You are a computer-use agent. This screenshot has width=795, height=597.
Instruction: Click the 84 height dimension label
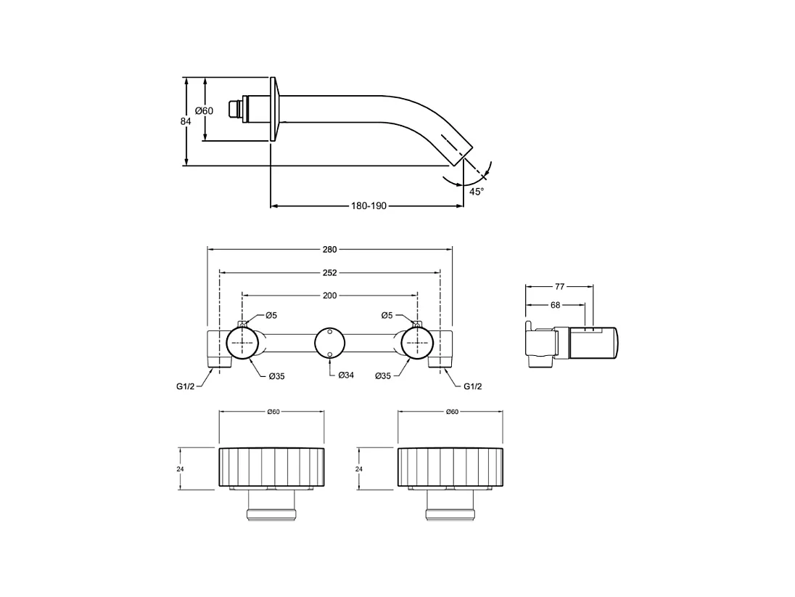[186, 121]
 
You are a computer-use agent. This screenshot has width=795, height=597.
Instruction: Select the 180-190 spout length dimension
[368, 206]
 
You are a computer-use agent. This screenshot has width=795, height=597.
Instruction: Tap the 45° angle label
[476, 192]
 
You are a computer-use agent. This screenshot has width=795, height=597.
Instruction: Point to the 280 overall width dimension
[329, 249]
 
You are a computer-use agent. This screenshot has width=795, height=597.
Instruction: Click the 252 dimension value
[329, 273]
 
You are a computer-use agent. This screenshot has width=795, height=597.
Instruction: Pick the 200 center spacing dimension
[329, 296]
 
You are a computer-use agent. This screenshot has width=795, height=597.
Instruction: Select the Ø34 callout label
[346, 375]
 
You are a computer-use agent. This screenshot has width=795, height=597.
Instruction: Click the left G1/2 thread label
[186, 386]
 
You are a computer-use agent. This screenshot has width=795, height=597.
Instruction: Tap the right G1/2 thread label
[472, 386]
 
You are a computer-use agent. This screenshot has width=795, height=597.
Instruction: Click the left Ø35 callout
[276, 375]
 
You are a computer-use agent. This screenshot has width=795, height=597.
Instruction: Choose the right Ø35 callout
[384, 375]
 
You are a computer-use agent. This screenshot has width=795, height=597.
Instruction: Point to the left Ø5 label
[271, 315]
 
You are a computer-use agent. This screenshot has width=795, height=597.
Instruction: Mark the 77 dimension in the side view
[559, 287]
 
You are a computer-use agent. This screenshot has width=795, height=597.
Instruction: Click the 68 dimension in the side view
[555, 305]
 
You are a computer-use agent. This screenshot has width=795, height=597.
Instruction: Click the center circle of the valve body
[329, 342]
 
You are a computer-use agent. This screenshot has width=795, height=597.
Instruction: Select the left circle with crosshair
[242, 342]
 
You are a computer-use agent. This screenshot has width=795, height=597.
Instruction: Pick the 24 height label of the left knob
[179, 469]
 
